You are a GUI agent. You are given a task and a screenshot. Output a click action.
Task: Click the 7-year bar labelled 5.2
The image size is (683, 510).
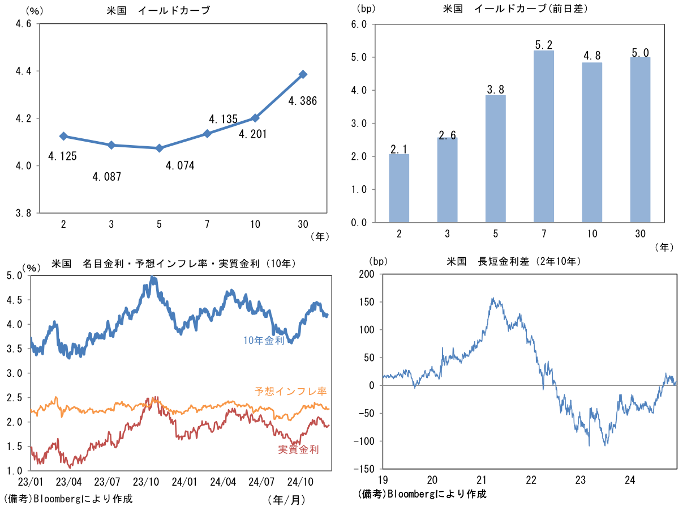543,136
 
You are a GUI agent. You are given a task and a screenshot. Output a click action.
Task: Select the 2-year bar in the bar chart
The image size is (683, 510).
399,188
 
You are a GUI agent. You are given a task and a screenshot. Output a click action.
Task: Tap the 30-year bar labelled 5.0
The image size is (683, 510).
640,139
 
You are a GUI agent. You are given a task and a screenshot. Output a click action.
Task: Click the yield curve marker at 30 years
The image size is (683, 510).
303,74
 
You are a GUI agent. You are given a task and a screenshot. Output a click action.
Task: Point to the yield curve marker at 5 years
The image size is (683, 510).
160,148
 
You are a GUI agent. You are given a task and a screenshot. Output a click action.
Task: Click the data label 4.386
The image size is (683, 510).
303,101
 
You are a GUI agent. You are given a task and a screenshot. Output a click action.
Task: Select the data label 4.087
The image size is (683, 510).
107,177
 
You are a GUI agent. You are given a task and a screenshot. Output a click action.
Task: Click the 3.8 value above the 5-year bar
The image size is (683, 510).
495,89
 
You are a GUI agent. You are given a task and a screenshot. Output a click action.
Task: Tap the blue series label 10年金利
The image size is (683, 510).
264,341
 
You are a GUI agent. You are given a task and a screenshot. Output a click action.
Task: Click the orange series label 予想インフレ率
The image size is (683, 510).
290,391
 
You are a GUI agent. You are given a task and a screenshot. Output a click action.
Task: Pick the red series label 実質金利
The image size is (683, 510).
298,449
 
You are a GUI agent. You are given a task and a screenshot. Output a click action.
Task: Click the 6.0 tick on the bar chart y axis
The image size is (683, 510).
359,24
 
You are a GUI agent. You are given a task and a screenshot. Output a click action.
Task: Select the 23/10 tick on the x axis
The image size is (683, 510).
146,482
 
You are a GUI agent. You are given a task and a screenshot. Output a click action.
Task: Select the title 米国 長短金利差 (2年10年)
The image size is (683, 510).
514,262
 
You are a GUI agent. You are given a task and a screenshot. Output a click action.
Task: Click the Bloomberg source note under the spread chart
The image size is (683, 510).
422,494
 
